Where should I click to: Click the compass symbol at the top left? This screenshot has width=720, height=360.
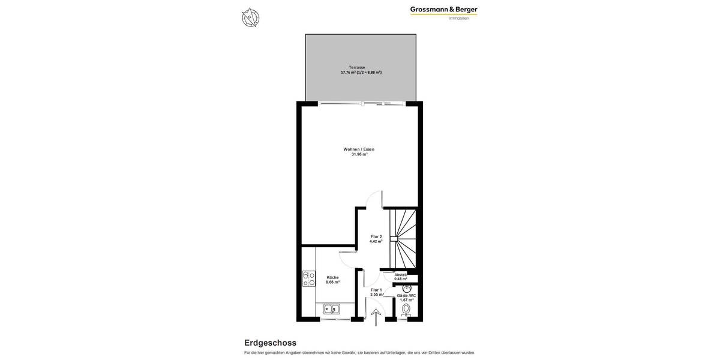pyautogui.click(x=250, y=17)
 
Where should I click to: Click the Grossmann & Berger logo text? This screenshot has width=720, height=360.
pyautogui.click(x=443, y=9)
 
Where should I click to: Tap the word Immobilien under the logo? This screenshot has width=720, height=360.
pyautogui.click(x=459, y=18)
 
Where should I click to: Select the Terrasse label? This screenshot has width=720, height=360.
pyautogui.click(x=357, y=67)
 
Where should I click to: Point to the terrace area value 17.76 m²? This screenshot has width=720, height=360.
pyautogui.click(x=348, y=73)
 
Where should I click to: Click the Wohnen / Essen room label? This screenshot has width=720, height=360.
pyautogui.click(x=359, y=149)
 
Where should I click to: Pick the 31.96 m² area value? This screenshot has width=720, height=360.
pyautogui.click(x=359, y=154)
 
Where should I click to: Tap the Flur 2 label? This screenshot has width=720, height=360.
pyautogui.click(x=376, y=236)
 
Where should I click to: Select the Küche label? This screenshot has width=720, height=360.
pyautogui.click(x=332, y=277)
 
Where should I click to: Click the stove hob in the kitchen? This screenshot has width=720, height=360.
pyautogui.click(x=309, y=278)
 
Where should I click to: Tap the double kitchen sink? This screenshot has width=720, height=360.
pyautogui.click(x=332, y=310)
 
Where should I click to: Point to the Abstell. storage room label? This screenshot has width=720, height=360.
pyautogui.click(x=401, y=275)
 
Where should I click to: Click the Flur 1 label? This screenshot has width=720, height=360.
pyautogui.click(x=376, y=290)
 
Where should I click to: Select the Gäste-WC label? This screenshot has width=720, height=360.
pyautogui.click(x=407, y=295)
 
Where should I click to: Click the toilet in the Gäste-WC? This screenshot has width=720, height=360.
pyautogui.click(x=406, y=310)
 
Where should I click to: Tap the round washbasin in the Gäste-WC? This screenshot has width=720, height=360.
pyautogui.click(x=407, y=288)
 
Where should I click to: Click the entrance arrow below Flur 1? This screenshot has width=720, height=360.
pyautogui.click(x=376, y=317)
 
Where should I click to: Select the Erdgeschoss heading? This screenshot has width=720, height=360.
pyautogui.click(x=270, y=343)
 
